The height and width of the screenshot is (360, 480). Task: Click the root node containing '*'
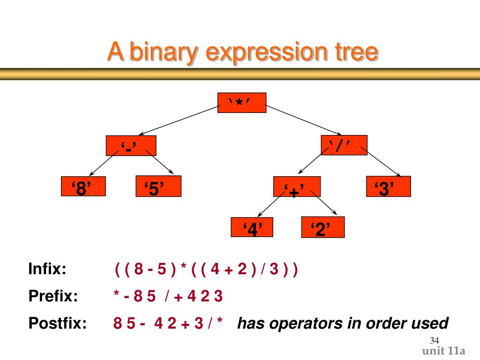[242, 103]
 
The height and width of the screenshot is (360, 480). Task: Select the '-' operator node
[131, 146]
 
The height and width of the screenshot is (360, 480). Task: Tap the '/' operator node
[344, 145]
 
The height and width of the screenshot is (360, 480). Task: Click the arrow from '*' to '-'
[179, 120]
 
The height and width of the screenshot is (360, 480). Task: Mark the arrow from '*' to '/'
[304, 119]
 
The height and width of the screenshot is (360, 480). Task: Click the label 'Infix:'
[47, 270]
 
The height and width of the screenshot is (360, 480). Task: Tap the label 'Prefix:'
[53, 296]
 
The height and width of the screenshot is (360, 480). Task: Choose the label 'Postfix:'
[58, 323]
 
